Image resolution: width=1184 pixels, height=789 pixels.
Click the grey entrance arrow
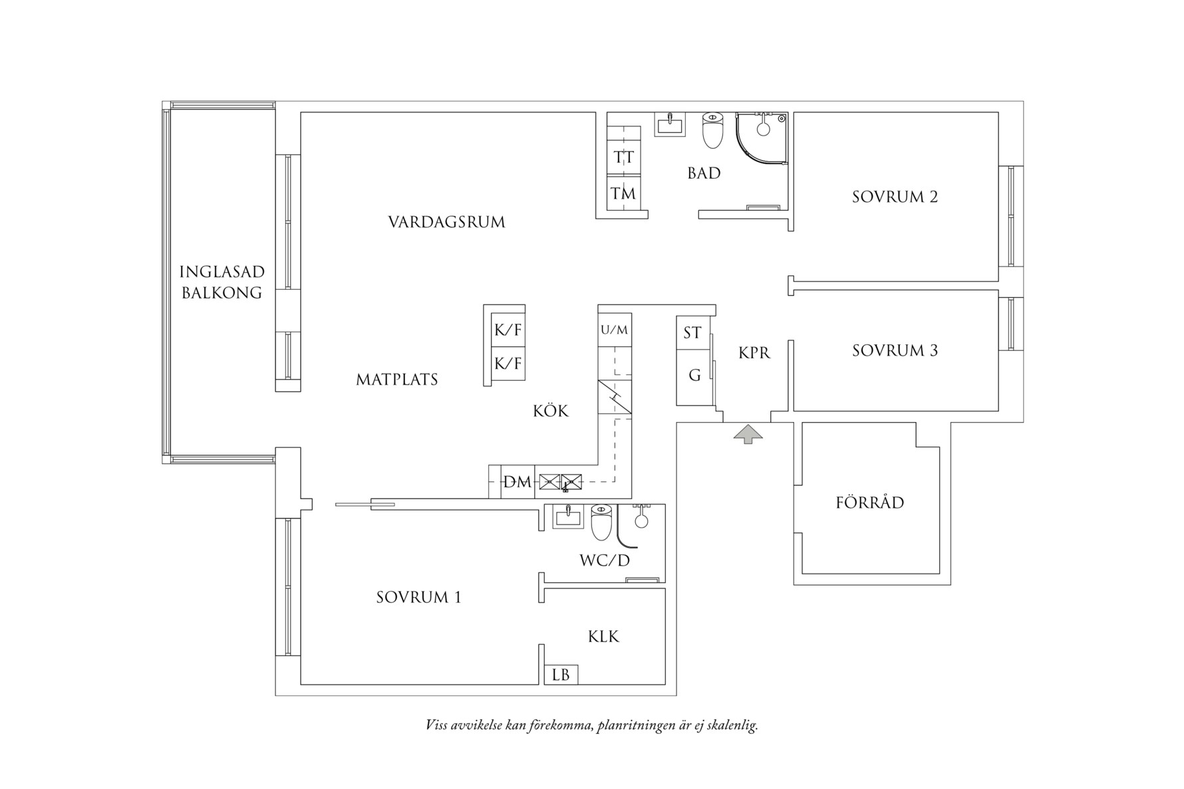[748, 434]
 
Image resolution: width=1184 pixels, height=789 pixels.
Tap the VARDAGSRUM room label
[446, 222]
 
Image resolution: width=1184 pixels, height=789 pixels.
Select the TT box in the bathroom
[624, 158]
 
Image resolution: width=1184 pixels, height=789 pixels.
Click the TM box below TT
[624, 193]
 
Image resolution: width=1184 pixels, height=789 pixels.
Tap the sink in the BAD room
[669, 124]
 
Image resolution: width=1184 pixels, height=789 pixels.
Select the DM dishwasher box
[518, 482]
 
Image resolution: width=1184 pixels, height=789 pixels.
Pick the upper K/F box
[508, 330]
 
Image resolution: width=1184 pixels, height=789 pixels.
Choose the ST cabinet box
[692, 332]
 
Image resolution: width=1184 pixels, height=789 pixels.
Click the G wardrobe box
[694, 376]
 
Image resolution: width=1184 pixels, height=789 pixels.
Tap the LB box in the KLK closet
[561, 675]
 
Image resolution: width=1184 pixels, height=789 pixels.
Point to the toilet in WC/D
[601, 522]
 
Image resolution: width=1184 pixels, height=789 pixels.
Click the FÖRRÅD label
[869, 503]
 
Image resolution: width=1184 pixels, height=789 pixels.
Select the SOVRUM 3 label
[895, 350]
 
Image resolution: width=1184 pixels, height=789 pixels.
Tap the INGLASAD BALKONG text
[222, 282]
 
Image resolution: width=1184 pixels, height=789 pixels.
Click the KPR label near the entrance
[754, 353]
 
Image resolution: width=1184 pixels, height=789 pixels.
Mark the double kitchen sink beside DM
[560, 482]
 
